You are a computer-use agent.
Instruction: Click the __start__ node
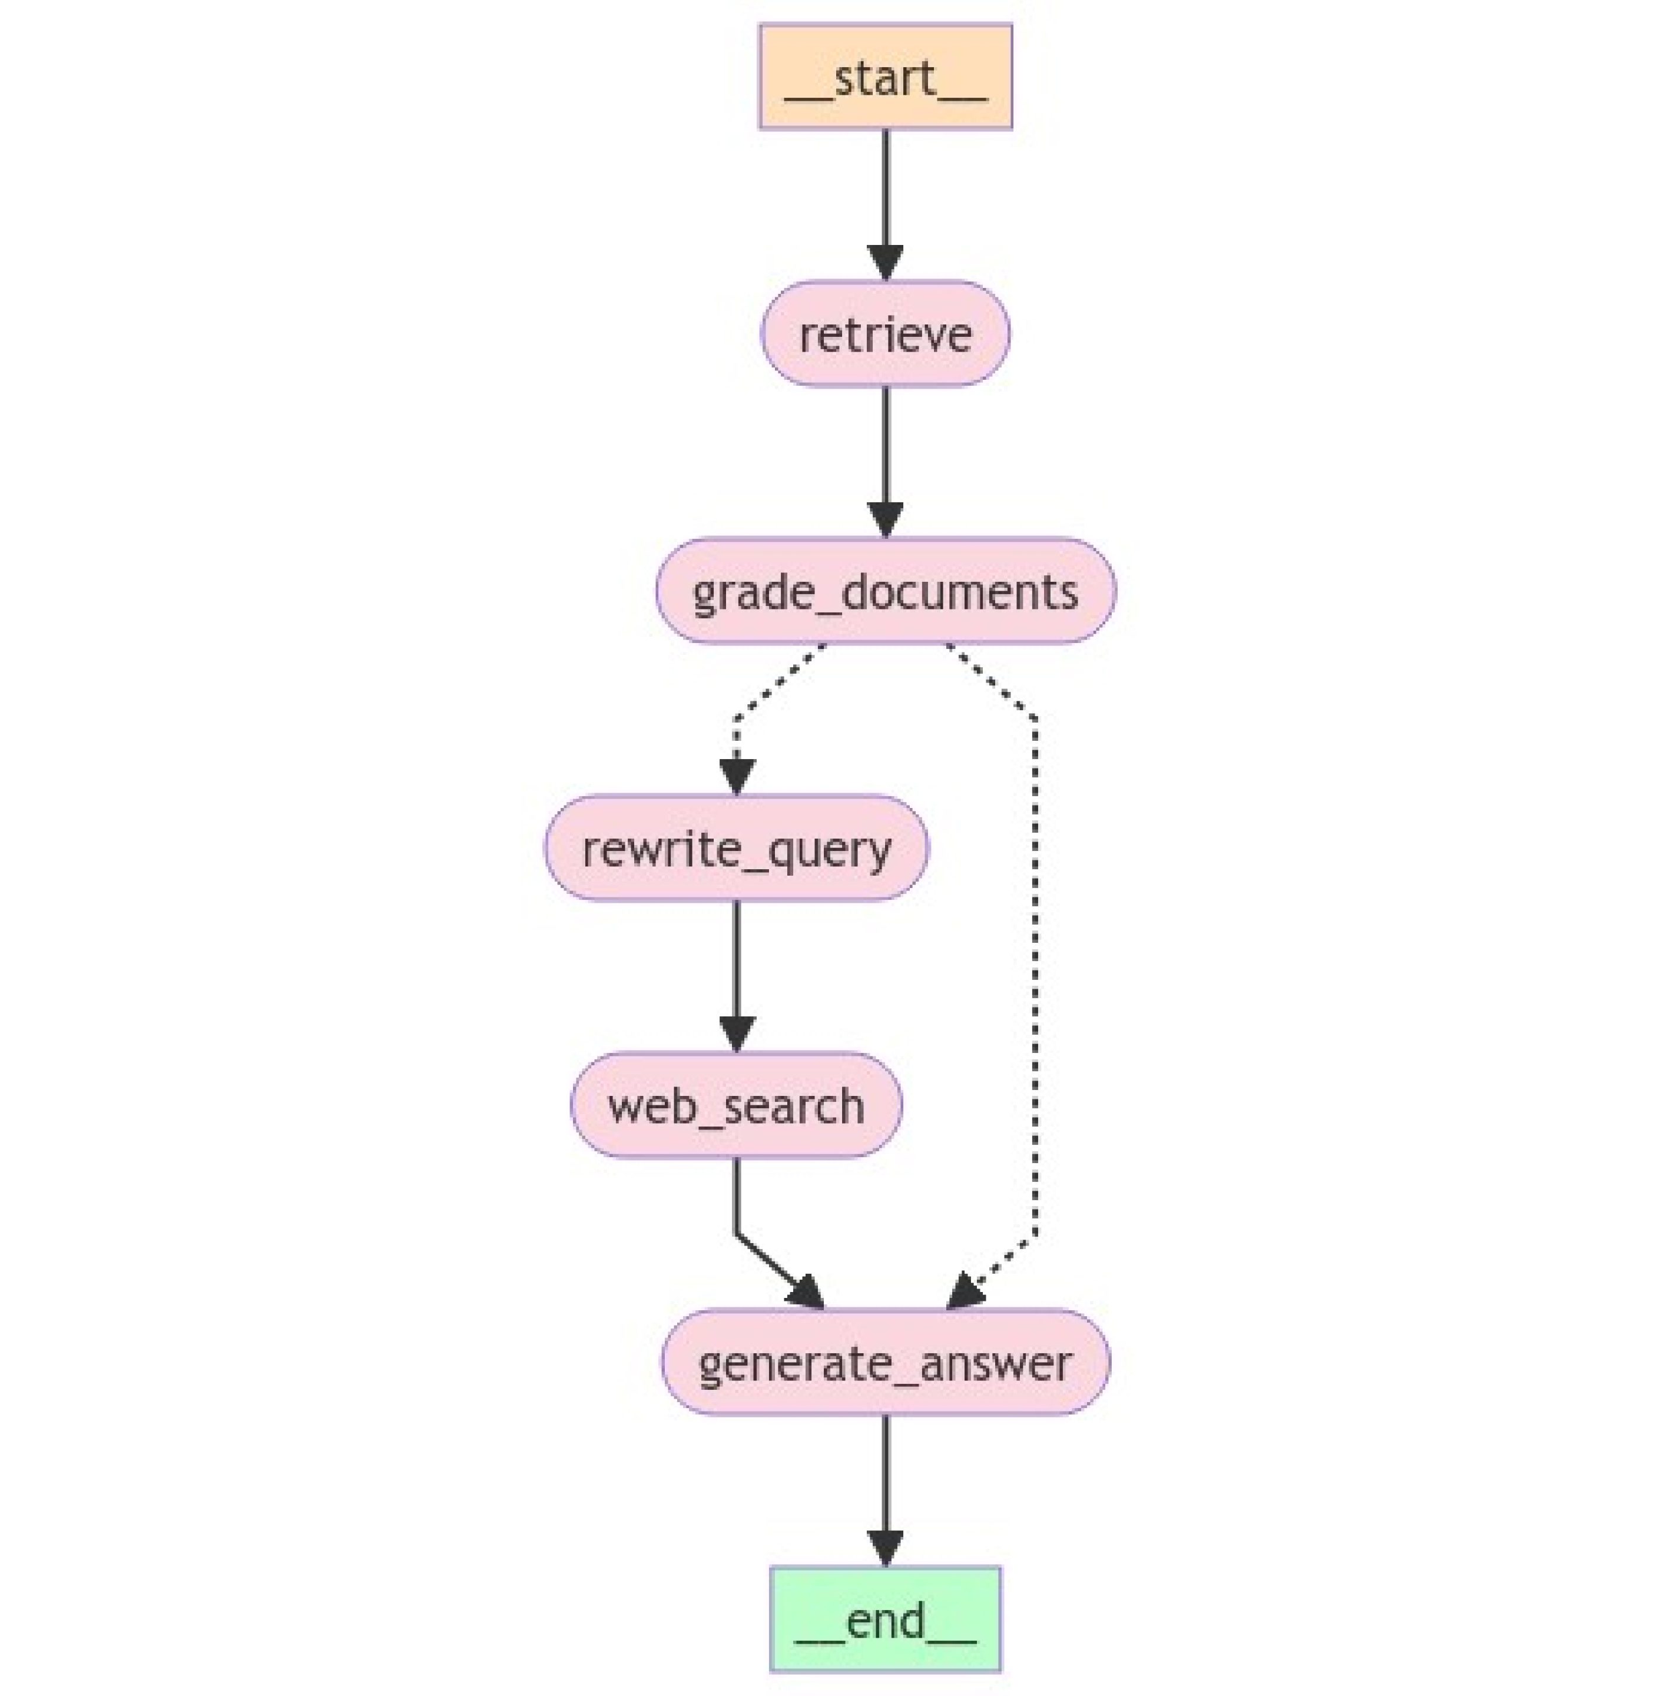885,77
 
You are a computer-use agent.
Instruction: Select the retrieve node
885,333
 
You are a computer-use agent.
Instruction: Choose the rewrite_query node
737,847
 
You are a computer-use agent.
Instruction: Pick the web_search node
737,1105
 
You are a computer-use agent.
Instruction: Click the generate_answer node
885,1362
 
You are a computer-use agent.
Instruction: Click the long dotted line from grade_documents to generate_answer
1035,976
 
